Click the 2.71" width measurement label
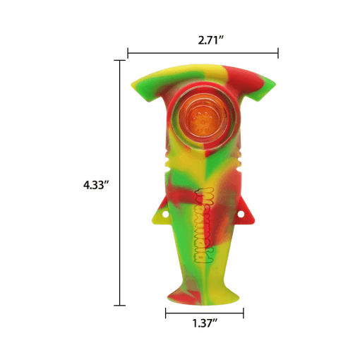coord(210,40)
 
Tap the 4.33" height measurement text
coord(97,185)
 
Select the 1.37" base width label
coord(205,324)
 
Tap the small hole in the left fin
coord(166,212)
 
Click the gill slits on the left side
coord(166,158)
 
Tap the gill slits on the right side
coord(243,158)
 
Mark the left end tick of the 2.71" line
coord(128,52)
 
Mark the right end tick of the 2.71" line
coord(278,52)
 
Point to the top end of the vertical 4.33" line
coord(119,61)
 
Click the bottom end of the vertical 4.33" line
coord(119,305)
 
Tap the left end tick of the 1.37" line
coord(166,313)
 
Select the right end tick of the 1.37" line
coord(244,313)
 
